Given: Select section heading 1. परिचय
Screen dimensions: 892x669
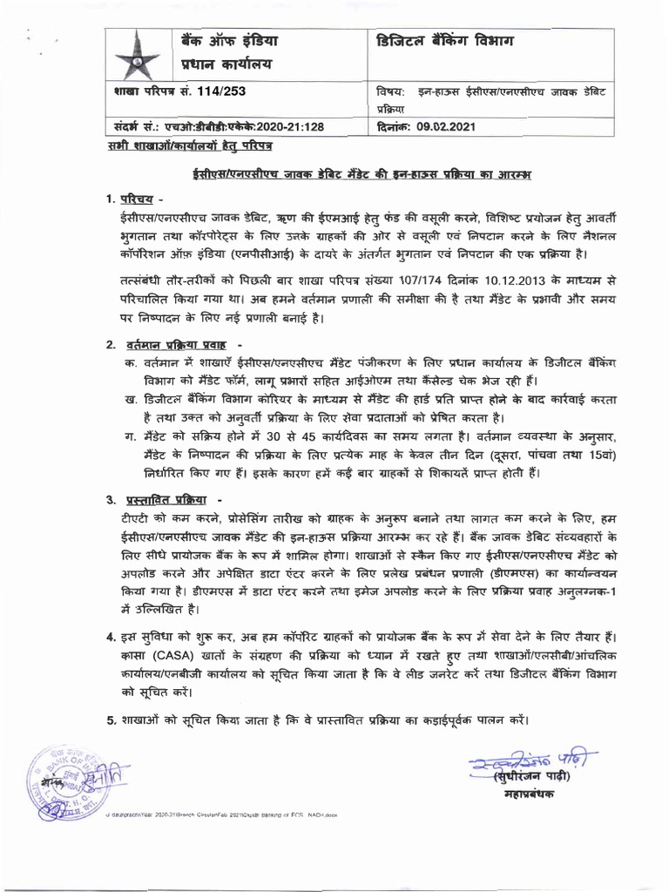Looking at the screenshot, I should click(x=132, y=200).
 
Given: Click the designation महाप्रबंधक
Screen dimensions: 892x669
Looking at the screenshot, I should click(x=526, y=794).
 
